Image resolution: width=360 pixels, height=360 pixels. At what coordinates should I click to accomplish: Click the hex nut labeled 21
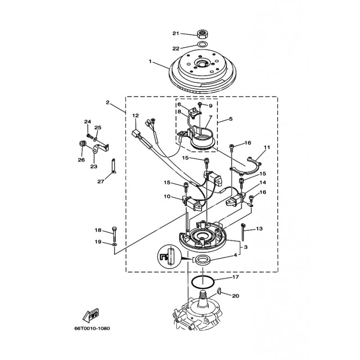tap(202, 34)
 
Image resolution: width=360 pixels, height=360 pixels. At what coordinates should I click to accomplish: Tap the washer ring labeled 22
tap(202, 44)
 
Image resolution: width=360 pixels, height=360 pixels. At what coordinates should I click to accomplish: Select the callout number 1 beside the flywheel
tap(150, 62)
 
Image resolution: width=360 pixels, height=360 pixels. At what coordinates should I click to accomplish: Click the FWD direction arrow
tap(91, 315)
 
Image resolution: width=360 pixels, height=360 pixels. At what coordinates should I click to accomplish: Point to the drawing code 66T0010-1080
tap(92, 328)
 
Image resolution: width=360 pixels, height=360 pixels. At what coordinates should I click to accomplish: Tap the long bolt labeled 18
tap(114, 233)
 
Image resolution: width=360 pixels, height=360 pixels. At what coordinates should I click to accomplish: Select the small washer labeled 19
tap(115, 245)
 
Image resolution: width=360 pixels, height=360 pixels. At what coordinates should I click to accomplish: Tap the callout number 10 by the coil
tap(167, 197)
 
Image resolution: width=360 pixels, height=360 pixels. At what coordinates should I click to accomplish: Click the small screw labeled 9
tap(200, 105)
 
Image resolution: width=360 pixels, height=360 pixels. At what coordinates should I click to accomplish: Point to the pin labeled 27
tap(114, 166)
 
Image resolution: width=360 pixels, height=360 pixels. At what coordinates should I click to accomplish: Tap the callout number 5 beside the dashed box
tap(230, 119)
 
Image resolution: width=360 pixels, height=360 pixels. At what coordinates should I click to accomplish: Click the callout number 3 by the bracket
tap(245, 247)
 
